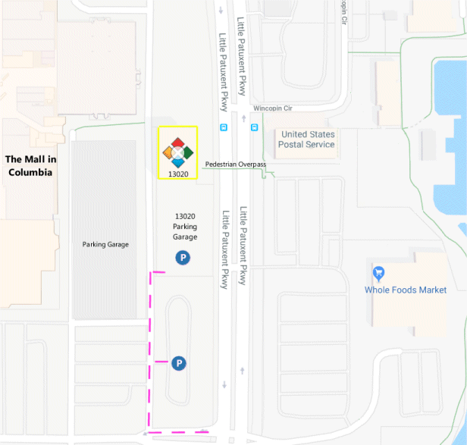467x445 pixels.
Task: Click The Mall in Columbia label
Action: coord(30,165)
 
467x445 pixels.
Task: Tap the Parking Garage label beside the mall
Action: coord(105,244)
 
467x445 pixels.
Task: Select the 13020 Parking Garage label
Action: coord(185,226)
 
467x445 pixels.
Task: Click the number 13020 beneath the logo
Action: coord(178,174)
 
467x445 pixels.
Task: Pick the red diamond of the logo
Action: coord(177,143)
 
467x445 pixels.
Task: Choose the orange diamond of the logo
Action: coord(168,153)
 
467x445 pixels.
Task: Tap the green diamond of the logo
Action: coord(187,152)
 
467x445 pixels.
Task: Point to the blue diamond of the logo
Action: coord(177,162)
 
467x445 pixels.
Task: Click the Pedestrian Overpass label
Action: coord(235,165)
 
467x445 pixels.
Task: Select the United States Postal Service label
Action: coord(307,139)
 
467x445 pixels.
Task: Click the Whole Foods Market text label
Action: coord(406,290)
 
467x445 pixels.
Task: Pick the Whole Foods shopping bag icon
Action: coord(378,273)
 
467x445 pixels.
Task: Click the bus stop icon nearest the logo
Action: coord(223,127)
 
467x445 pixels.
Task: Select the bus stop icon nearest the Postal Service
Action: coord(254,127)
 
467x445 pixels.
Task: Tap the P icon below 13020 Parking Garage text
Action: coord(183,258)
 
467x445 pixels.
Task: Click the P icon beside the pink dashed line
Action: coord(179,364)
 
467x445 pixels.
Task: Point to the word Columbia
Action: coord(30,172)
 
